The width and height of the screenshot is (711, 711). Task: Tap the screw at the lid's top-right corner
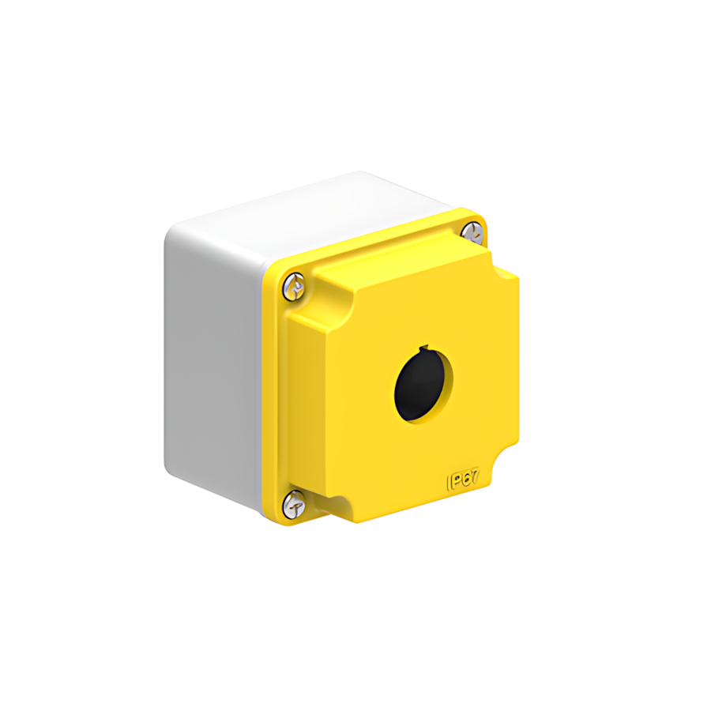click(472, 232)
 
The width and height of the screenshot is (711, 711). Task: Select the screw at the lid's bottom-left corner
click(294, 502)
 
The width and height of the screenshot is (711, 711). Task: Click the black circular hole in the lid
click(421, 385)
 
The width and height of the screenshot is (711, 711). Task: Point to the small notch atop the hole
click(425, 348)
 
